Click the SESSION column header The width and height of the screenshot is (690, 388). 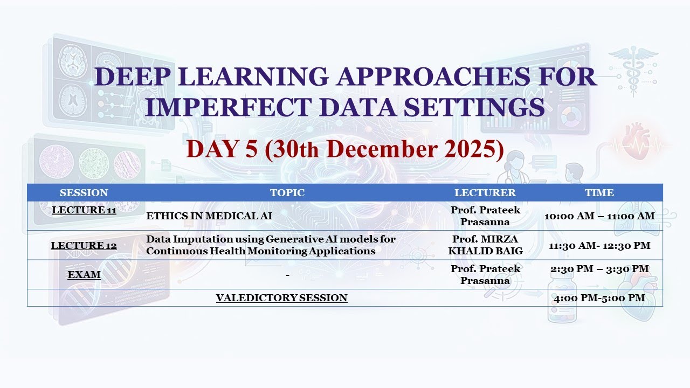tap(84, 192)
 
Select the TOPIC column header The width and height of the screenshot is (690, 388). tap(287, 192)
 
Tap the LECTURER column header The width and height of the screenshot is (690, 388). tap(485, 192)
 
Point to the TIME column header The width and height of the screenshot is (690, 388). tap(599, 192)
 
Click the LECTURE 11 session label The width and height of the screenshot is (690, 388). tap(84, 210)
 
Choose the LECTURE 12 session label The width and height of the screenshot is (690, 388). tap(84, 246)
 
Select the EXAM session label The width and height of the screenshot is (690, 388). tap(84, 275)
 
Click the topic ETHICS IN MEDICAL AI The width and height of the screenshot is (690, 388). tap(209, 216)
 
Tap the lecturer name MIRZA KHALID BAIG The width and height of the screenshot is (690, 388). tap(485, 245)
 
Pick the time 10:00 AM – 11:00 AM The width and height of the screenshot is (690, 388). tap(599, 216)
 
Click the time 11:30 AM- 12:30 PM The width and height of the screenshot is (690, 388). tap(599, 246)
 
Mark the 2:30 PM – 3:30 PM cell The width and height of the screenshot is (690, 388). tap(599, 269)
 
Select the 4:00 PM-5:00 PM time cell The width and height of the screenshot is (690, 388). tap(599, 298)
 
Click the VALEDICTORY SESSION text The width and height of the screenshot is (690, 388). tap(281, 298)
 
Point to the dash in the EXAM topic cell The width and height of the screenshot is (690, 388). tap(288, 275)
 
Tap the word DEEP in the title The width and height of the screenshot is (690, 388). tap(130, 77)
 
